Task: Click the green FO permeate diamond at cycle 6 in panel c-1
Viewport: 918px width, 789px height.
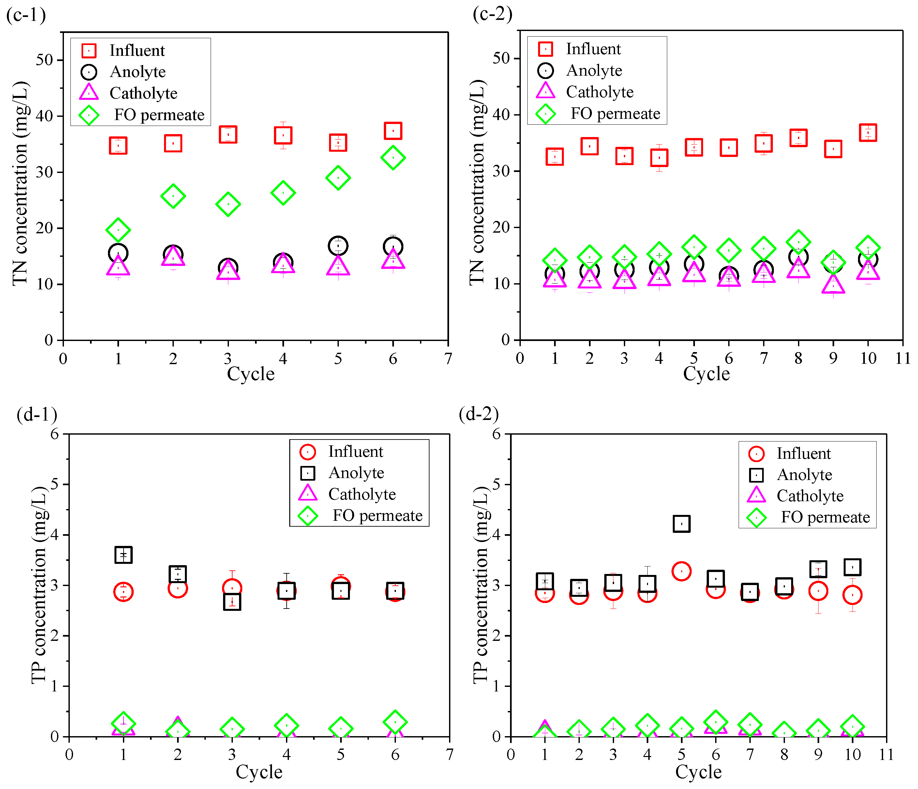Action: tap(393, 157)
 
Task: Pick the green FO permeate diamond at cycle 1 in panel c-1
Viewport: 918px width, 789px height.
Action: tap(118, 230)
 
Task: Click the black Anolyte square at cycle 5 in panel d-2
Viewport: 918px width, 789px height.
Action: tap(682, 523)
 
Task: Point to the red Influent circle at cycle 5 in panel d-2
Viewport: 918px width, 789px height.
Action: tap(682, 571)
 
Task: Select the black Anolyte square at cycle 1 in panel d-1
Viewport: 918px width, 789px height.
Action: tap(124, 554)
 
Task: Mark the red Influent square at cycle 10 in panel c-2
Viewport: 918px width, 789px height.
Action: tap(868, 132)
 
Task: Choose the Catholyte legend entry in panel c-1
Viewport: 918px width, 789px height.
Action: tap(129, 93)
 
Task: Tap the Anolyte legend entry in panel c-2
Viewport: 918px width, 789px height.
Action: tap(580, 70)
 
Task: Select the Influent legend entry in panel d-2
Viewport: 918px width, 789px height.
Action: tap(790, 454)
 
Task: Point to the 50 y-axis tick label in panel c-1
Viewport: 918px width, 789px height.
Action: tap(45, 60)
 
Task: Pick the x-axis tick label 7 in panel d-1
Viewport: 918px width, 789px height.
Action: tap(450, 754)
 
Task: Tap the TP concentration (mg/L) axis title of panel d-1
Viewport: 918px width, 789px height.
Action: tap(39, 585)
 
